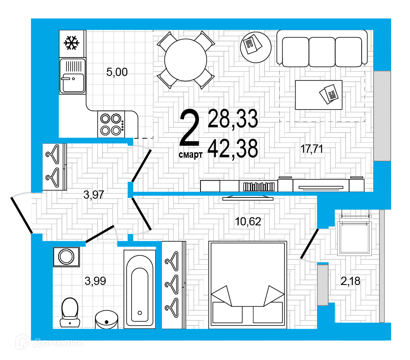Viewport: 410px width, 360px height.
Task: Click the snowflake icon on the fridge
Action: click(x=72, y=43)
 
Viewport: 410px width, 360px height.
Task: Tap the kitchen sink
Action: click(x=73, y=76)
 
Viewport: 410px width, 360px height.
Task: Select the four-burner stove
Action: click(x=111, y=124)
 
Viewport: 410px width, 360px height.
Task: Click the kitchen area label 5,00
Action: click(x=117, y=72)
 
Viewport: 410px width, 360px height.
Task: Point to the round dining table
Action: click(x=186, y=60)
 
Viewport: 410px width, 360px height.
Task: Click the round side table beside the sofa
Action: click(x=256, y=47)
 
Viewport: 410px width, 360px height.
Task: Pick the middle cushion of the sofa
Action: click(x=322, y=52)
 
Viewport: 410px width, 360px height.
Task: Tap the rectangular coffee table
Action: click(x=319, y=95)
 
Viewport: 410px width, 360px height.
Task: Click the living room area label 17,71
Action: click(x=312, y=149)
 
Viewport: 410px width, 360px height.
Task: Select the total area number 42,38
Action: click(x=233, y=149)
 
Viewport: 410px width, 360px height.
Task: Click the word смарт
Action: click(x=191, y=155)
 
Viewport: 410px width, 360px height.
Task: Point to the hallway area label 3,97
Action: click(x=93, y=195)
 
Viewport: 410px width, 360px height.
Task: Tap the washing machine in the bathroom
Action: click(x=66, y=257)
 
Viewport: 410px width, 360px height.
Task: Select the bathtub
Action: click(x=140, y=289)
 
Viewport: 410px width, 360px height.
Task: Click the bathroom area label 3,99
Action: click(x=95, y=281)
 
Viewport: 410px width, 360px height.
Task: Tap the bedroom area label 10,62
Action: click(x=248, y=222)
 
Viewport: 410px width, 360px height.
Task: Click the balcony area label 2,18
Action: click(x=351, y=281)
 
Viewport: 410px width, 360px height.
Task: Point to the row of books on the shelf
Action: click(x=259, y=187)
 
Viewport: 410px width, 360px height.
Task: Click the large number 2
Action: click(x=190, y=128)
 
